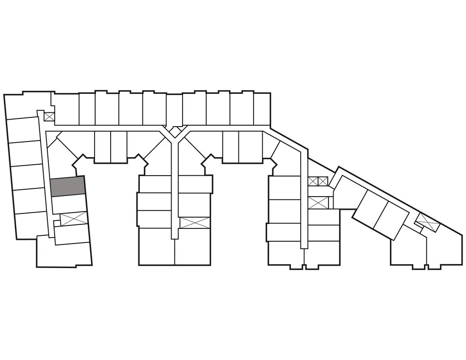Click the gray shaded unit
click(68, 187)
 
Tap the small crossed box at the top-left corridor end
click(49, 117)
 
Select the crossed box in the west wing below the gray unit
click(73, 219)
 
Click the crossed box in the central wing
click(195, 223)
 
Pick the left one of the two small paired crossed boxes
click(313, 182)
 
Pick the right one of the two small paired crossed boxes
click(323, 182)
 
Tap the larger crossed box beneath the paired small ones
click(318, 202)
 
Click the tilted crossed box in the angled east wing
click(427, 222)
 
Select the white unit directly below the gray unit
click(69, 203)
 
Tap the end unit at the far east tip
click(444, 248)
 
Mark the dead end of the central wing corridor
click(174, 234)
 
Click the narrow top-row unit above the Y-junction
click(174, 109)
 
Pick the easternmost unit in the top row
click(262, 108)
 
